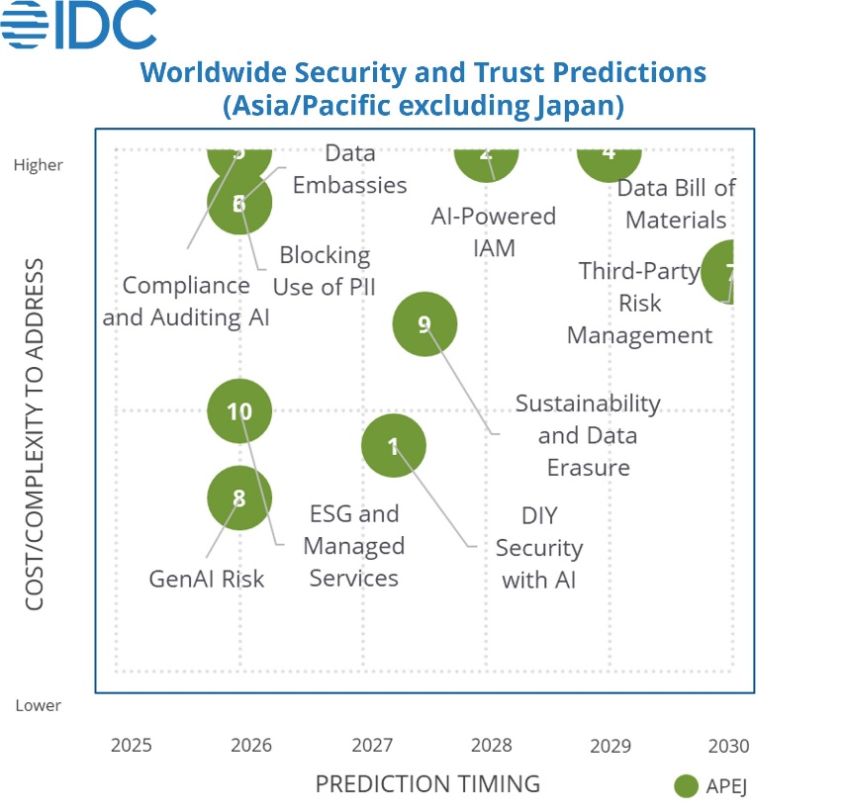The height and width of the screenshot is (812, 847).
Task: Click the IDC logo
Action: [79, 26]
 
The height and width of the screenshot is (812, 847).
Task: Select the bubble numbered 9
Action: [425, 323]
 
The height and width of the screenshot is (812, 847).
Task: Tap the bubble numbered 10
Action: [239, 411]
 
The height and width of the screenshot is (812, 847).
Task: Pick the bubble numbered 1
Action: [394, 446]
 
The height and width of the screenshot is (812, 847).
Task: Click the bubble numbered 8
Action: [239, 498]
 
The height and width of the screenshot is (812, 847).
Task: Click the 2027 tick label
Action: [373, 745]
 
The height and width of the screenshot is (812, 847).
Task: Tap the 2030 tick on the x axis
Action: [728, 745]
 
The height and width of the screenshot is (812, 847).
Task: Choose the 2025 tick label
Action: [132, 745]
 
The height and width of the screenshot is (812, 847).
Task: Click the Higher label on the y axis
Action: [38, 165]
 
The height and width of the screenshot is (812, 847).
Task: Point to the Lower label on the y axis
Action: [38, 705]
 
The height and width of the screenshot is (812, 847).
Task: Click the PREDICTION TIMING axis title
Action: [427, 784]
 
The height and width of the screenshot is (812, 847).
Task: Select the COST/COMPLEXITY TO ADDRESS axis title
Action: [35, 434]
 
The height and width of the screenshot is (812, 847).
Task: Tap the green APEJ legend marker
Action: [686, 786]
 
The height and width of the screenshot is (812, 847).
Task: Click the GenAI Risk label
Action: [207, 579]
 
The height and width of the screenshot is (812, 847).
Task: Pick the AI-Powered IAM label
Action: [493, 231]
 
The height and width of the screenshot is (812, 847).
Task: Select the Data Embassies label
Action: [349, 169]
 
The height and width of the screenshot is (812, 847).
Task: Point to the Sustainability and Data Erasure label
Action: [588, 435]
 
